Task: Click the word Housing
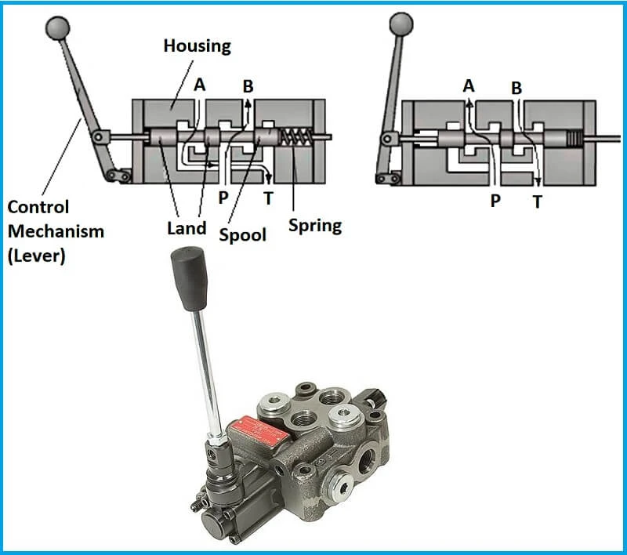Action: [197, 45]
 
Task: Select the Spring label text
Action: [314, 226]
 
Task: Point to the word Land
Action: [187, 228]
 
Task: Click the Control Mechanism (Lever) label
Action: [55, 231]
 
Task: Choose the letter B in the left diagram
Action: [248, 85]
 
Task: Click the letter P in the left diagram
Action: [223, 196]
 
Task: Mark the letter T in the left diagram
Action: [269, 198]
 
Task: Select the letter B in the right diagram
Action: [516, 88]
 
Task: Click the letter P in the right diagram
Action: [495, 201]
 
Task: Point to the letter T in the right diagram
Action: [537, 201]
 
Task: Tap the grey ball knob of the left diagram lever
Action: [57, 28]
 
